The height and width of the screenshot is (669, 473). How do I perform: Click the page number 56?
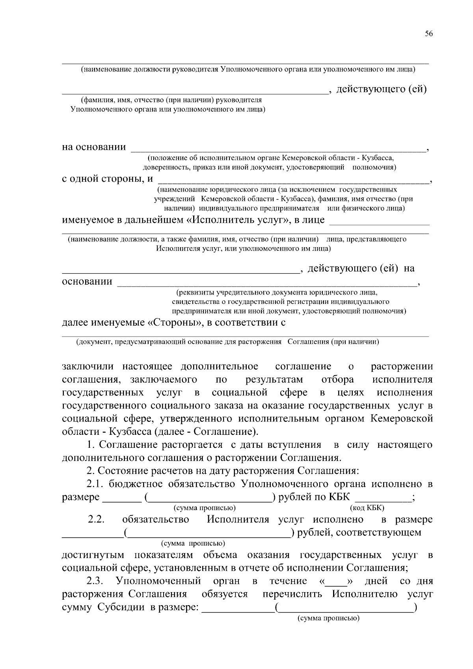coord(429,34)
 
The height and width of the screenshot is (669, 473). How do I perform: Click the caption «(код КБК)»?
coord(367,508)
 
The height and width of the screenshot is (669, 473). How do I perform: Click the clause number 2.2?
coord(96,520)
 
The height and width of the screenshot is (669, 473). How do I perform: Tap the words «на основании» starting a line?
coord(94,147)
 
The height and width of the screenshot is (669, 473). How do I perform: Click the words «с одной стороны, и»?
coord(108,179)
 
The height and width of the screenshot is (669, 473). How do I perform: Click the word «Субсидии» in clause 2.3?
coord(120,608)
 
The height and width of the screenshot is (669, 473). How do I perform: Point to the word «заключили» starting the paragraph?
coord(88,367)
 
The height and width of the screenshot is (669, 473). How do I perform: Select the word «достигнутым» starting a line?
coord(93,555)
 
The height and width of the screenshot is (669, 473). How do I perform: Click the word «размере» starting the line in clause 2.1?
coord(81,497)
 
